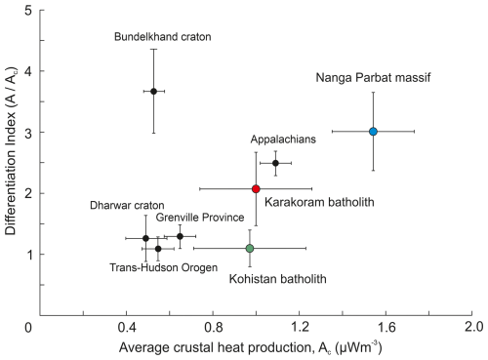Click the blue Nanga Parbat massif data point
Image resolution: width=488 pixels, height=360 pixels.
point(373,132)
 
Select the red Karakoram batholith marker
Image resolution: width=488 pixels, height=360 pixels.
point(256,188)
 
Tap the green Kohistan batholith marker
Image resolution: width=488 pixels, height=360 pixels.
point(250,249)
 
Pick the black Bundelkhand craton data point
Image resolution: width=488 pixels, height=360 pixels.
point(154,92)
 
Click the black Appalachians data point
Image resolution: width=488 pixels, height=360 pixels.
point(275,163)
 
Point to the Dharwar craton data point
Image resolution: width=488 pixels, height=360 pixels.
point(145,238)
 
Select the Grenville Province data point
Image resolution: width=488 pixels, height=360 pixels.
point(180,236)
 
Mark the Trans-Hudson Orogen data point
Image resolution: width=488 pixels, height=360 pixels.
point(158,249)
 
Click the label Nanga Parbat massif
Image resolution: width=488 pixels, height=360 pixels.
point(373,78)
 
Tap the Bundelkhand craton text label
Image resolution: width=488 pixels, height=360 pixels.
point(163,37)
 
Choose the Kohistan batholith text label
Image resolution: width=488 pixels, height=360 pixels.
point(277,279)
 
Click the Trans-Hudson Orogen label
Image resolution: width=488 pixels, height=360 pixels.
point(164,267)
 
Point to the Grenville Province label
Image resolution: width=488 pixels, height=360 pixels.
point(200,218)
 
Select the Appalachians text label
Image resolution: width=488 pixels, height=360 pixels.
point(283,140)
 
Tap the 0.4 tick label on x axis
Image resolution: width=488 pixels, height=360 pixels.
point(127,327)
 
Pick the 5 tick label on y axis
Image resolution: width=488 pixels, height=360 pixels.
point(28,11)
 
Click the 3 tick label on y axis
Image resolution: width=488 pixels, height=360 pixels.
point(28,133)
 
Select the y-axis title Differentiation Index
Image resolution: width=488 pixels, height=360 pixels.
point(11,151)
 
